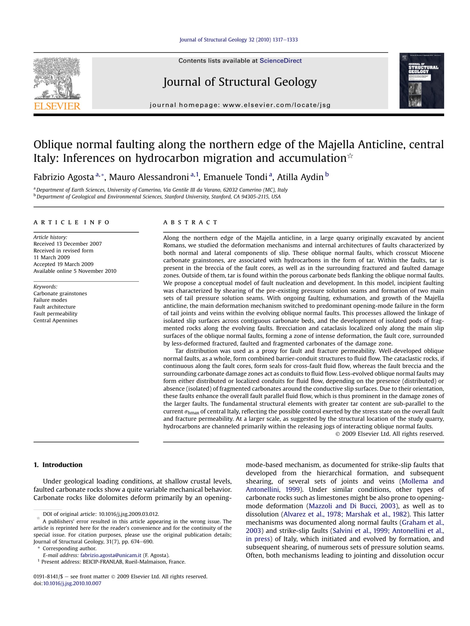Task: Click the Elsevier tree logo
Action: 57,78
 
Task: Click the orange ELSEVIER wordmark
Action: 57,106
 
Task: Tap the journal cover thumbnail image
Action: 421,81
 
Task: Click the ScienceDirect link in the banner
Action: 280,61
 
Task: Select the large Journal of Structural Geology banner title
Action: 240,82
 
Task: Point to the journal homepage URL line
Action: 240,105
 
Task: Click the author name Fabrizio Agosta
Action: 64,177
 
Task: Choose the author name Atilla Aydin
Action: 300,177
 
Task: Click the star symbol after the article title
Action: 350,156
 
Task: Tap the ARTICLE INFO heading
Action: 71,222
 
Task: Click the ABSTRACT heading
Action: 190,222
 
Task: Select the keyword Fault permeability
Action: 55,314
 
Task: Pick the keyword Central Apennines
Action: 56,320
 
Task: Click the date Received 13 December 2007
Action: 68,244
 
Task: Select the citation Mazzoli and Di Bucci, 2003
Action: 352,506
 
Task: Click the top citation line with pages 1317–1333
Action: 238,40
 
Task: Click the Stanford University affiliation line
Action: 158,197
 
